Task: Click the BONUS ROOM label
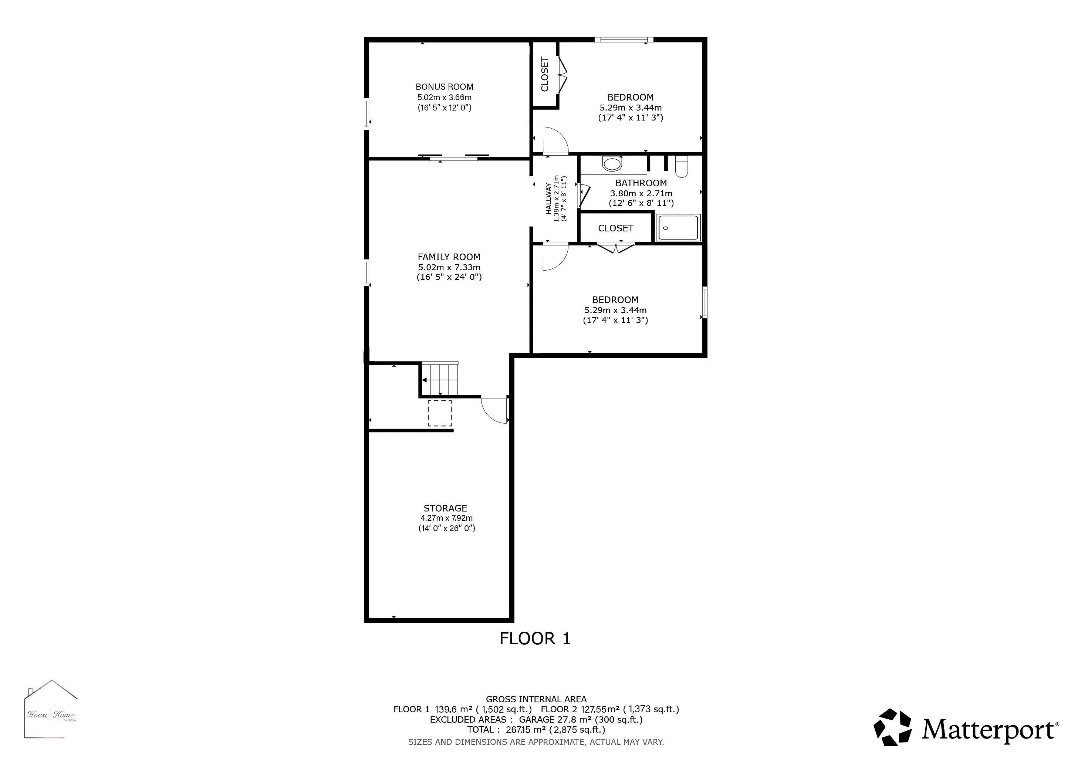point(445,87)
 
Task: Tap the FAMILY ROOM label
point(449,257)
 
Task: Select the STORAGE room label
point(445,508)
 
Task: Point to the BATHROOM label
point(641,183)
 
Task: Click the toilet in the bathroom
point(682,166)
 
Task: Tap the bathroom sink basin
point(612,164)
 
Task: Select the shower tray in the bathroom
point(678,227)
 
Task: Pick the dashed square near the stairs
point(440,413)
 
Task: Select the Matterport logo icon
point(893,728)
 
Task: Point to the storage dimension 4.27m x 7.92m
point(446,518)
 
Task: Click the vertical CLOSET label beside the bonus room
point(544,74)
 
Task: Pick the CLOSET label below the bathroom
point(616,228)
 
